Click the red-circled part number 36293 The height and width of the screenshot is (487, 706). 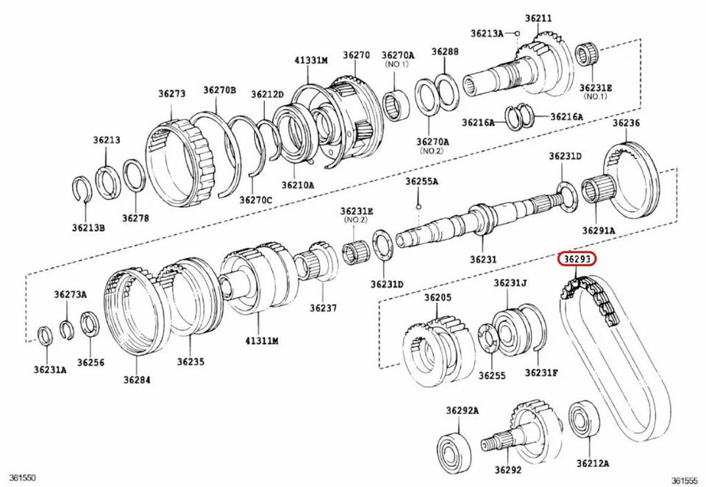[577, 260]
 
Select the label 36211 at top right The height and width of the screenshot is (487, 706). [538, 17]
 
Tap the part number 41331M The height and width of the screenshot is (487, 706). [311, 60]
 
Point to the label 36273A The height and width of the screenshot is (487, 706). [70, 294]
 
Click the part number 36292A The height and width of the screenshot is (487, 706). [461, 410]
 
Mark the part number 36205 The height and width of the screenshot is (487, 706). [438, 298]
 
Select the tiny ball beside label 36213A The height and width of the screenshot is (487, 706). [517, 33]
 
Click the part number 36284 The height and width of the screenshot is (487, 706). [137, 380]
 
